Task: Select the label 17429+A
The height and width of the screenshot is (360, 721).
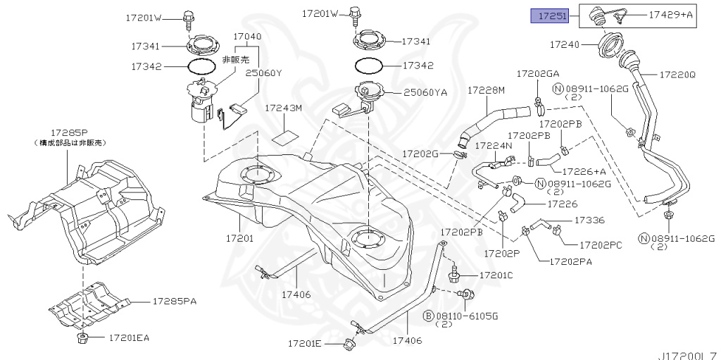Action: pos(671,14)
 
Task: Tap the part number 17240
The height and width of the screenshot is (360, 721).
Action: pos(565,45)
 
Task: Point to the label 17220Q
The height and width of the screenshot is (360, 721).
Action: pos(677,73)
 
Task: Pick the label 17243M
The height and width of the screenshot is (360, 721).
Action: pos(283,108)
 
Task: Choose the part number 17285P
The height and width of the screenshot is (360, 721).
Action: pos(69,132)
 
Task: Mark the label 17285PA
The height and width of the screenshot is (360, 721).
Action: pos(174,302)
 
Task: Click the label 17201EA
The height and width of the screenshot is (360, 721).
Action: pos(129,338)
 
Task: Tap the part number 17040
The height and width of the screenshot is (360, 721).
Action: pos(246,36)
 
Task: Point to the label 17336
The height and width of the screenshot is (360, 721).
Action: pos(589,221)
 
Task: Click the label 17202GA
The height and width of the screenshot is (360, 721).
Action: pos(538,73)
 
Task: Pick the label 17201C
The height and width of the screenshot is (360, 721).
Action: pos(496,274)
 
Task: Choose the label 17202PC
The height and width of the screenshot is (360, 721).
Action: pos(600,245)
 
